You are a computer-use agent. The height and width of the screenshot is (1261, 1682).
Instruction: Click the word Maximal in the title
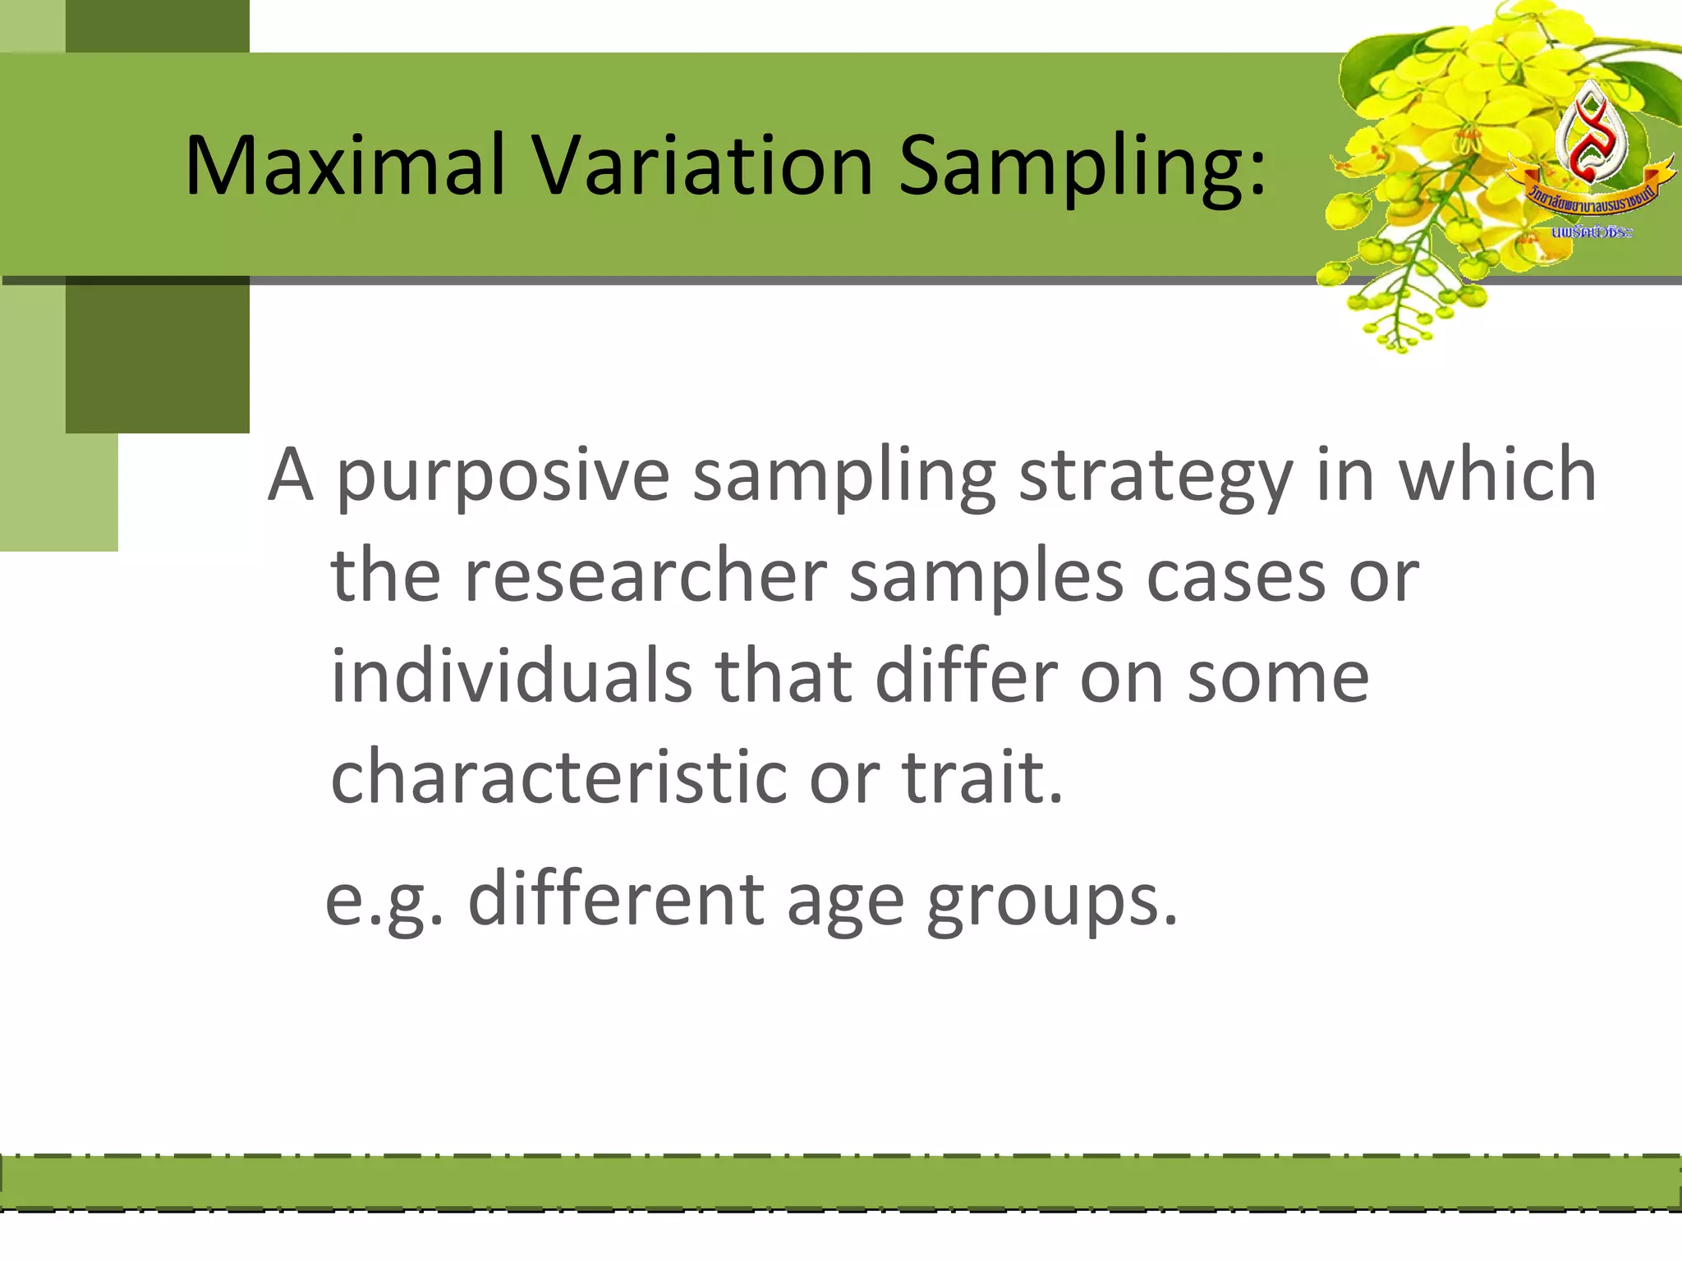pos(345,166)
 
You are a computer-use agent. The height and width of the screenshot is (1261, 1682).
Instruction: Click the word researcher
pos(645,576)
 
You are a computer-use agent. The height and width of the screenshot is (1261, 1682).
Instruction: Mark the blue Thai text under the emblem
pos(1592,232)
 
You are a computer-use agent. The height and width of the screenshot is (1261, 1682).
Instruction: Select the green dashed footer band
pos(841,1182)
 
